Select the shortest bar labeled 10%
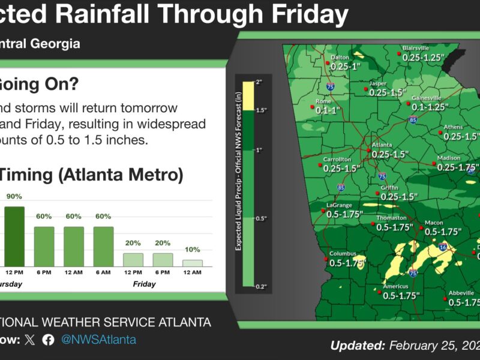(193, 263)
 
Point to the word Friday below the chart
(144, 284)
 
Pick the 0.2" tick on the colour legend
(261, 286)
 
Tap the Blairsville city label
(419, 49)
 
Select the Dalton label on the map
(340, 58)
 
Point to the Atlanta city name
(383, 145)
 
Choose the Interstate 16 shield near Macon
(443, 246)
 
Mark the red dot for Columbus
(326, 259)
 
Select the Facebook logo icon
(48, 340)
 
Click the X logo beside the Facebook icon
(30, 340)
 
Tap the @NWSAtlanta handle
(98, 340)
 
